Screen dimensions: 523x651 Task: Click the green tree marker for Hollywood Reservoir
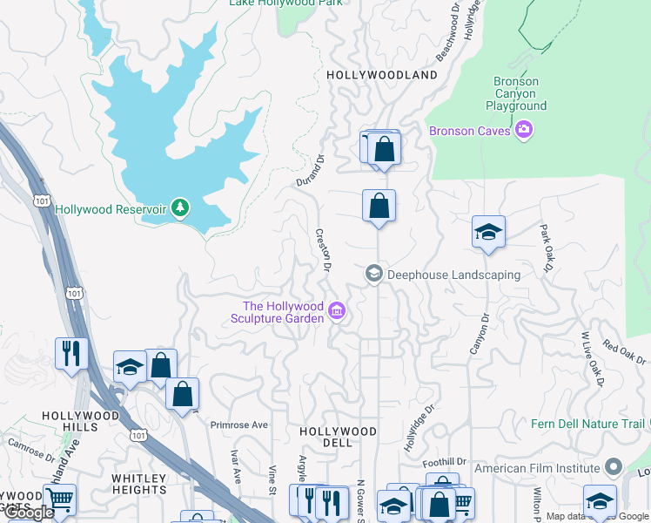point(180,207)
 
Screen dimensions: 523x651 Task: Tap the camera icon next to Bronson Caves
point(523,130)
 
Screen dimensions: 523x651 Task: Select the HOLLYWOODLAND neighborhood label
point(382,75)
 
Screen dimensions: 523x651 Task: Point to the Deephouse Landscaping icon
point(374,274)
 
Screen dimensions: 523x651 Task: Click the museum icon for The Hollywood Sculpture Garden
point(338,310)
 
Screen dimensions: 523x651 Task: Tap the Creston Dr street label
point(323,249)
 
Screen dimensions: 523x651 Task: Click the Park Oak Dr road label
point(546,248)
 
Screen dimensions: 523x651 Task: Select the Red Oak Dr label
point(624,354)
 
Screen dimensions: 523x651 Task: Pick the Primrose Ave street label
point(238,425)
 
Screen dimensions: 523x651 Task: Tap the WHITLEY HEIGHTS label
point(138,484)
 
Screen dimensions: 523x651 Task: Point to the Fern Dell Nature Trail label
point(588,425)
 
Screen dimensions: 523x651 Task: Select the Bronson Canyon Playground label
point(516,94)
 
